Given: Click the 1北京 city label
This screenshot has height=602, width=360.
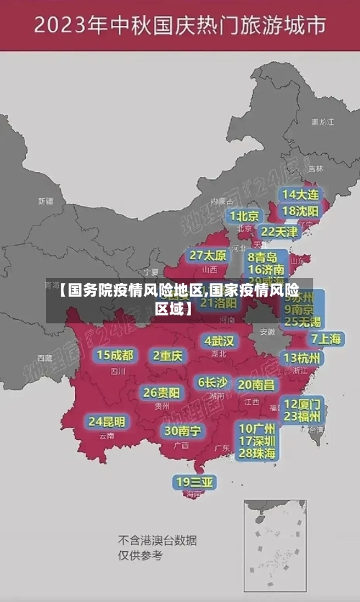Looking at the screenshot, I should point(245,216).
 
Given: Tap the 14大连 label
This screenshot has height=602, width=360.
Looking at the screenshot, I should point(301,194).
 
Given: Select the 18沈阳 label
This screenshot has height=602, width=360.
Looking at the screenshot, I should point(301,211).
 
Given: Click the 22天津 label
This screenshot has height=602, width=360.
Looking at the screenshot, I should point(279,232).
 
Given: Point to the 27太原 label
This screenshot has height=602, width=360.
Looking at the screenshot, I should point(208,256).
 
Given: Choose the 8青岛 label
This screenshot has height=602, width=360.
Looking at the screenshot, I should point(263,257).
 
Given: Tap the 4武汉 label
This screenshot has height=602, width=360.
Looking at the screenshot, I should point(219,341).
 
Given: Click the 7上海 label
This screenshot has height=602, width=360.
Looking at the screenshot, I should point(325,339).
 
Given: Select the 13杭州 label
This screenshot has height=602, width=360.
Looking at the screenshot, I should point(302,358).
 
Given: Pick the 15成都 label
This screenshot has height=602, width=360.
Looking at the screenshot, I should point(115,355).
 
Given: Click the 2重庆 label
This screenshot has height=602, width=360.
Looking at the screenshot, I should point(168,355).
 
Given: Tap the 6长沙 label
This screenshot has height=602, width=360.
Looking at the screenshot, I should point(212,382).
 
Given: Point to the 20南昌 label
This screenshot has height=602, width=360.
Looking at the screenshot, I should point(256,385).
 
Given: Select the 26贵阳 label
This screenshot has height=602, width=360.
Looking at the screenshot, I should point(161,393).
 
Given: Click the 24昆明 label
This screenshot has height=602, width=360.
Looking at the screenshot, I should point(107,421).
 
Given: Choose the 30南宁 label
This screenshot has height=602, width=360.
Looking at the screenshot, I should point(182,431).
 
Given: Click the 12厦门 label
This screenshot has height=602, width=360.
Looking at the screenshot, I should point(302,403).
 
